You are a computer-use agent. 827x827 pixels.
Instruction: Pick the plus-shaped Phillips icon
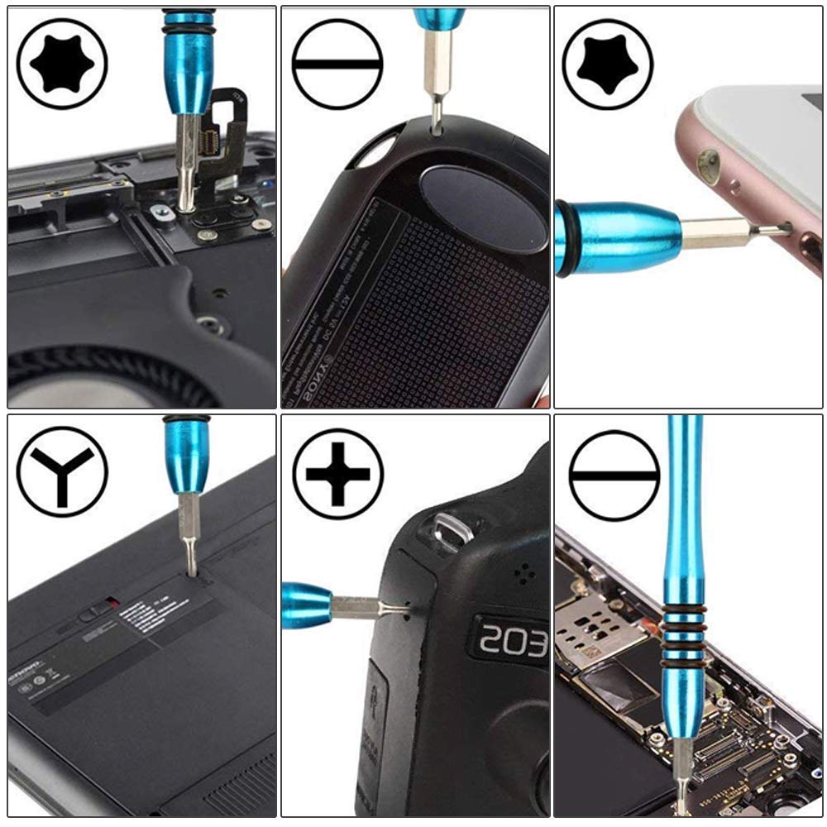[337, 473]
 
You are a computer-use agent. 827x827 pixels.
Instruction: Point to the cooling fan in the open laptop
[99, 376]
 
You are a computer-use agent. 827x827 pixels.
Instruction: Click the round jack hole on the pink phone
[708, 163]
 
